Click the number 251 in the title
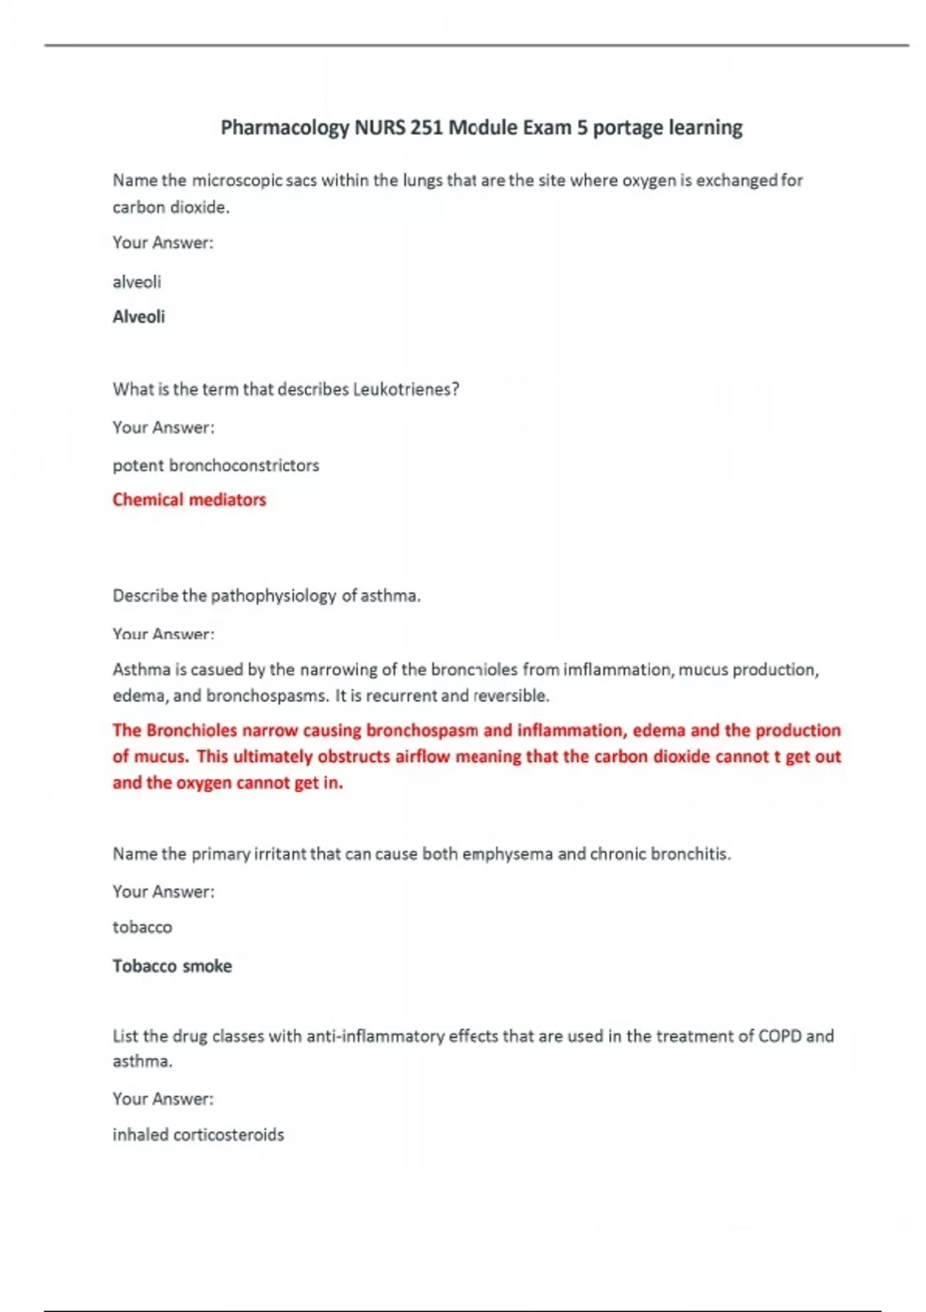426,127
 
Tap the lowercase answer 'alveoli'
137,282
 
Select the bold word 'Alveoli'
139,316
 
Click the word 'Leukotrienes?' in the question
406,389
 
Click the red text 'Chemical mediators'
189,500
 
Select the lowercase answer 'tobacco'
142,927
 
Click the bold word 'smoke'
207,966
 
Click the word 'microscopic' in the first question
237,181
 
